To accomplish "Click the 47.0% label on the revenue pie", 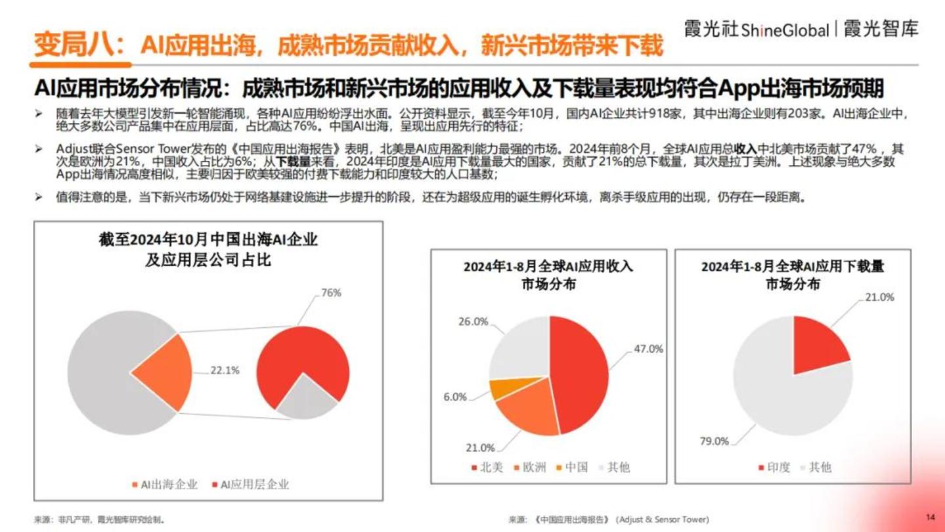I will tap(648, 349).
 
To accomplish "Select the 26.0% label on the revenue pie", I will tap(472, 322).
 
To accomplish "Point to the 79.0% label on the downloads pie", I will tap(714, 441).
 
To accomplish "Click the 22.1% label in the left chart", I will tap(225, 370).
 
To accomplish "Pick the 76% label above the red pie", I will tap(330, 293).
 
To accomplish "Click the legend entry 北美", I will tap(490, 467).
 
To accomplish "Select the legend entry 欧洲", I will tap(533, 467).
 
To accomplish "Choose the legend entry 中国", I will tap(575, 467).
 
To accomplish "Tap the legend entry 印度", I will tap(777, 467).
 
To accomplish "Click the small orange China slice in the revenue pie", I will tap(502, 389).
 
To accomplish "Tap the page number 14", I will tap(930, 516).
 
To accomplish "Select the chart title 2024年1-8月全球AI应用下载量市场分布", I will tap(792, 276).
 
